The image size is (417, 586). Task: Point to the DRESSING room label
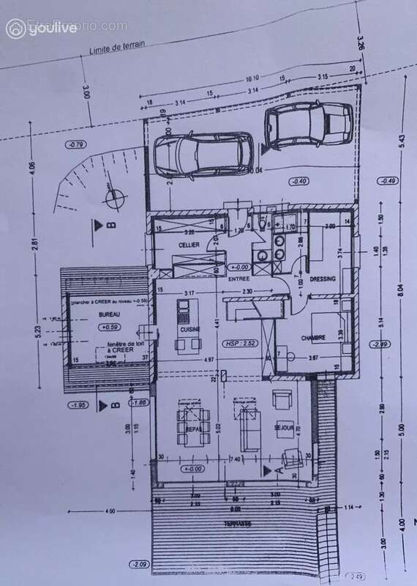coord(323,279)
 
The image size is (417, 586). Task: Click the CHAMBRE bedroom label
coord(312,338)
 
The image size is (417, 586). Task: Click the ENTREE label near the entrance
coord(239,279)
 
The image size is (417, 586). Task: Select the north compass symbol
coord(113,198)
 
